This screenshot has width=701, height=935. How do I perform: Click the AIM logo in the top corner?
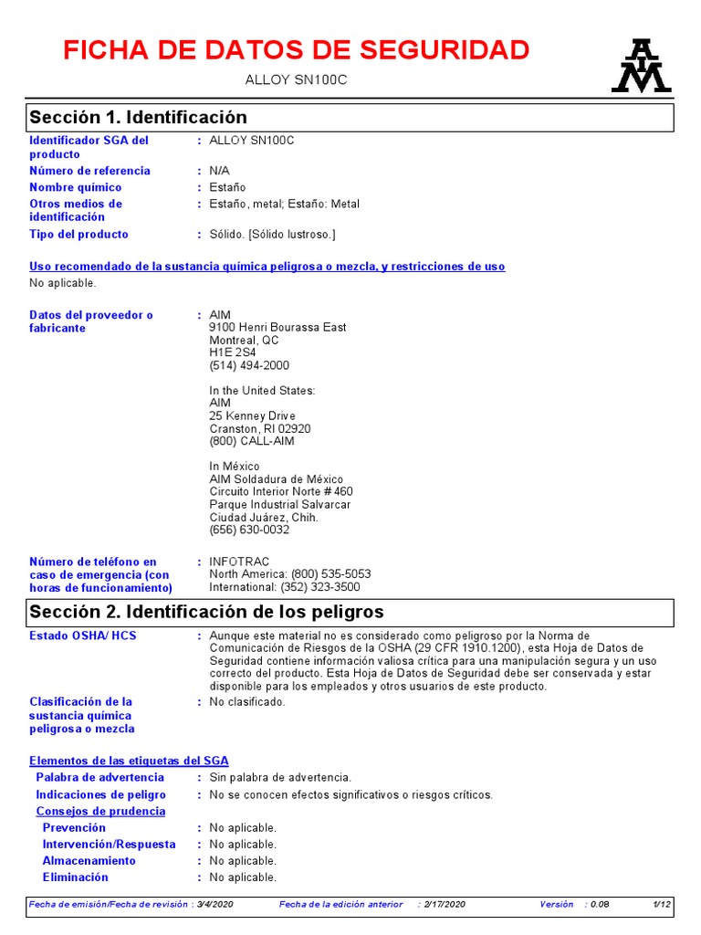641,66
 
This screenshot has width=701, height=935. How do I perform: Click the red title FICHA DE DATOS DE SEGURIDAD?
297,50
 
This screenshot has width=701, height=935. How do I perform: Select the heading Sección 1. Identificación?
139,117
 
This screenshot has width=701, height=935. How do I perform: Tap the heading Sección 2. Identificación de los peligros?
206,611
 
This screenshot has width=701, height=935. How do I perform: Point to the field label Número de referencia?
89,171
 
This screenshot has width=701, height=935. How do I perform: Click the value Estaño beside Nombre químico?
227,187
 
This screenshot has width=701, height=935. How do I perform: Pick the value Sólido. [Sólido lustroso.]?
272,235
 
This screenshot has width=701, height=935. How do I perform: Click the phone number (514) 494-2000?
249,365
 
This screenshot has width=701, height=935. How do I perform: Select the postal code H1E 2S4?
233,352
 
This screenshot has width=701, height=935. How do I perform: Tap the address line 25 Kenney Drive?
253,416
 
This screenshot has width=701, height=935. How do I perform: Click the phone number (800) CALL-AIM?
252,441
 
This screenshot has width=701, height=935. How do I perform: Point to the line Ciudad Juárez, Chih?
264,517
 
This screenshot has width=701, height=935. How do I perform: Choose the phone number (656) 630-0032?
249,530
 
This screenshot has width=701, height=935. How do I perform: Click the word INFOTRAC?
239,562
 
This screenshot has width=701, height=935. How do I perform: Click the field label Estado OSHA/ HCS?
83,636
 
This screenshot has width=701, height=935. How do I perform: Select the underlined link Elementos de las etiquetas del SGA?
129,761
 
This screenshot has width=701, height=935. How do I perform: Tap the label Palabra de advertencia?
100,777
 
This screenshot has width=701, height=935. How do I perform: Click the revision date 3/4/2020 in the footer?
216,904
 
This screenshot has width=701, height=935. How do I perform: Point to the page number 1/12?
662,904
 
